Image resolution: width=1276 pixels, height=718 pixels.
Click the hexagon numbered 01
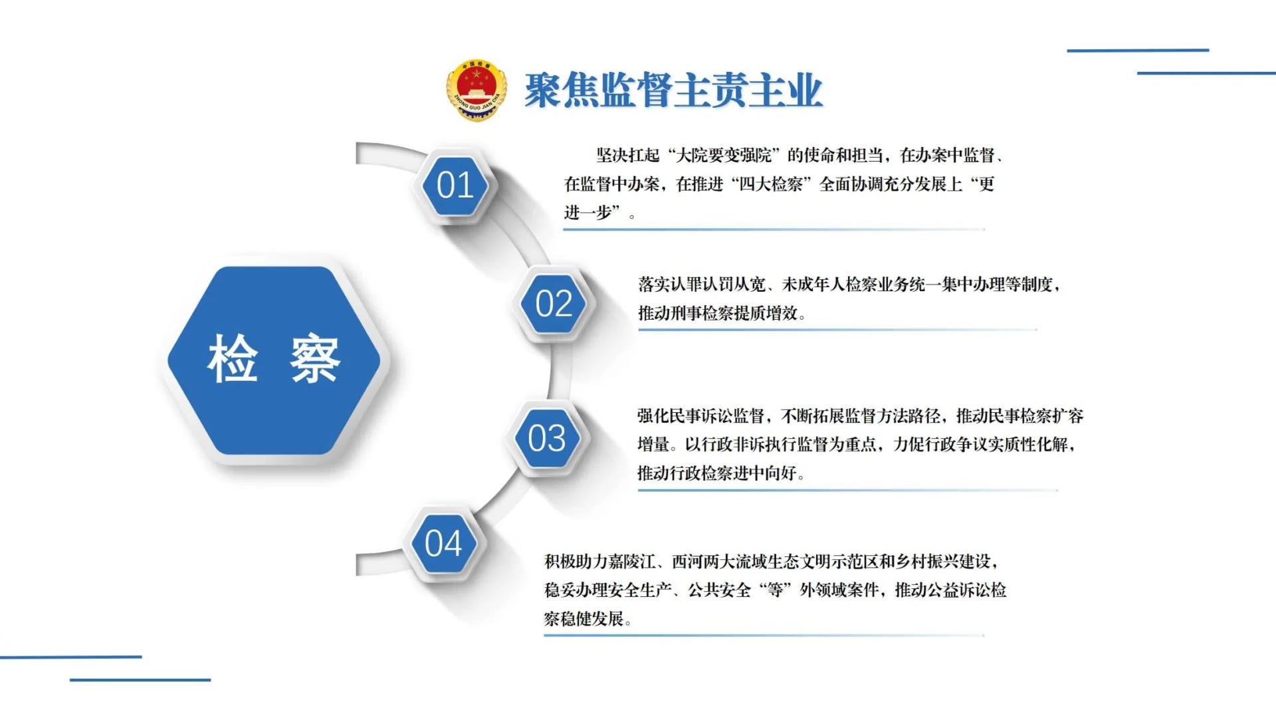click(455, 185)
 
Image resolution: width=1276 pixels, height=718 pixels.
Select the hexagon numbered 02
click(554, 304)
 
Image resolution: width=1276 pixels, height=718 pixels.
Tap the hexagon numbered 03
click(546, 439)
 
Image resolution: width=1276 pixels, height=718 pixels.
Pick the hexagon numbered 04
click(443, 543)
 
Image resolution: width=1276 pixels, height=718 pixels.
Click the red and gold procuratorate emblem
click(476, 90)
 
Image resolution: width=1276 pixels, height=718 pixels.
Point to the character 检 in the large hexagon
click(233, 359)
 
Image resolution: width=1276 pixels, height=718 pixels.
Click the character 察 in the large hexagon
click(315, 359)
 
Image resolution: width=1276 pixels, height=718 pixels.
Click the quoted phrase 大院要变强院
click(724, 156)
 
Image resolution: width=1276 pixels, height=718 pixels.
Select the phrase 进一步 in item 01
click(587, 213)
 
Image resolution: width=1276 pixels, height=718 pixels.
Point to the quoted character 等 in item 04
click(776, 590)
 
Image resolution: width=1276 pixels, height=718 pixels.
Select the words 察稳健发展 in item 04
click(584, 619)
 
